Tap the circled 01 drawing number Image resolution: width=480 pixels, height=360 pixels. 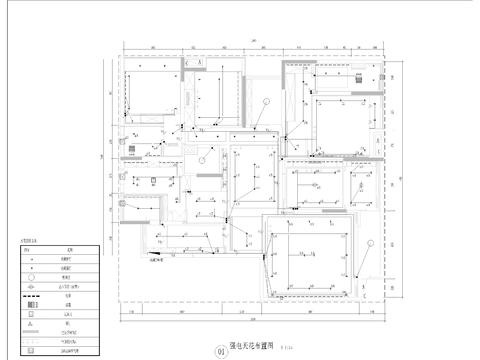coord(220,350)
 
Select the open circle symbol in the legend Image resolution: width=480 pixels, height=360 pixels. coord(32,284)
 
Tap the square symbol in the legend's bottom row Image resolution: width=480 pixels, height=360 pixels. coord(32,353)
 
